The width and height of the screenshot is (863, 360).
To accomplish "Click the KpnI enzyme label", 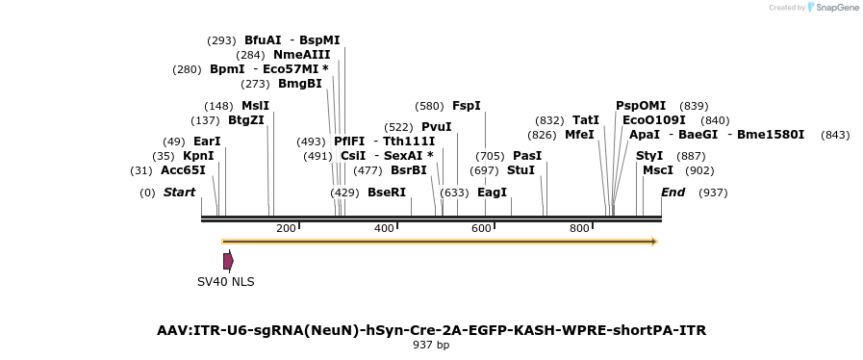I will click(198, 156).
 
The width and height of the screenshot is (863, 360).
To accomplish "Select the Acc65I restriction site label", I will click(183, 170).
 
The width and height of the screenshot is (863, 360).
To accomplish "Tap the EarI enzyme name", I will click(207, 141).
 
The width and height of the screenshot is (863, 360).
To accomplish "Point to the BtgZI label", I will click(245, 120).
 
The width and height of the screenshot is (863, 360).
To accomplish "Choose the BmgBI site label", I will click(299, 84).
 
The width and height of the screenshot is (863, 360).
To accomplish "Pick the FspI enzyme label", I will click(466, 106).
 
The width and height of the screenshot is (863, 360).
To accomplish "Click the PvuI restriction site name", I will click(436, 127).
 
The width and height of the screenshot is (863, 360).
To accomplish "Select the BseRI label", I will click(387, 193).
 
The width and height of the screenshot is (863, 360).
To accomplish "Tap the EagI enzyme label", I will click(492, 193).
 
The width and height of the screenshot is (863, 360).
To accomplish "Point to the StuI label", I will click(520, 170).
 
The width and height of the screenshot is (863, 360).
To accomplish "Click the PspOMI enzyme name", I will click(641, 106).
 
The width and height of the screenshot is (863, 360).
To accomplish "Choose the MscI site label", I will click(658, 170).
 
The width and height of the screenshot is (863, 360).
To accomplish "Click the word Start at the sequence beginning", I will click(179, 193).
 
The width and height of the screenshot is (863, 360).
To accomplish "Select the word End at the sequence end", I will click(673, 193).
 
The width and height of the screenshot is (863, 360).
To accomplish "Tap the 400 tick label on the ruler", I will click(384, 228).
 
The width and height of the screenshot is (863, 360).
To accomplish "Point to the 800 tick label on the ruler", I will click(579, 228).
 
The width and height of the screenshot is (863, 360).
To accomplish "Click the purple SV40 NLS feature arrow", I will click(228, 261).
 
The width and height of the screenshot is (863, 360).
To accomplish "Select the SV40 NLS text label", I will click(225, 282).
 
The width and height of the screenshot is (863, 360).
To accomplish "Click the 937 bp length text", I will click(431, 345).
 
